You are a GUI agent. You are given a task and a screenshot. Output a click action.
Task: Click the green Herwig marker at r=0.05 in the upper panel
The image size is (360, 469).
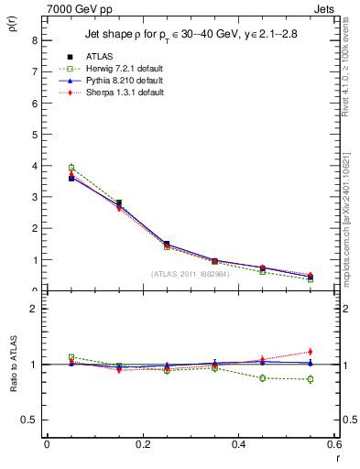click(x=71, y=168)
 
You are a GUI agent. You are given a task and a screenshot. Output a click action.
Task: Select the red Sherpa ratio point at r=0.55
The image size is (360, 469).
click(x=311, y=352)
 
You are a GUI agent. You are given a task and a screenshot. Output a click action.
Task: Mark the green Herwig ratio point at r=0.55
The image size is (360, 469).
click(x=311, y=379)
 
